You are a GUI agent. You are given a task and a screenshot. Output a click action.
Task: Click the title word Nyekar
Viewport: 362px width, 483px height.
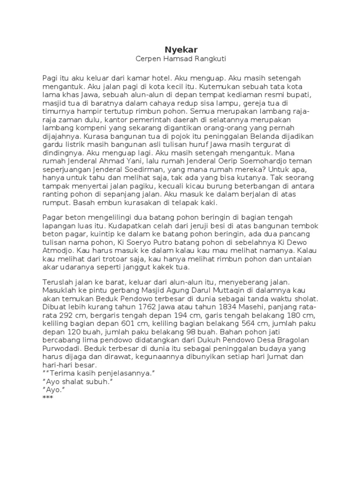[x=181, y=49]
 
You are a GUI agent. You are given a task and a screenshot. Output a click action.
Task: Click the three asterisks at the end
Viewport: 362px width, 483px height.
[x=48, y=398]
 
